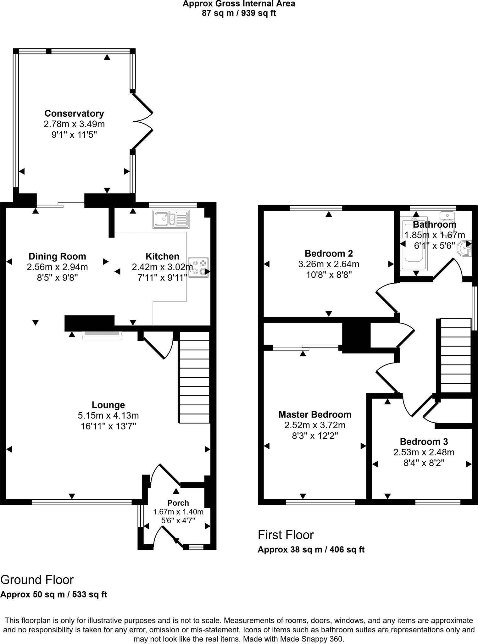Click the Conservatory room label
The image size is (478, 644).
click(74, 113)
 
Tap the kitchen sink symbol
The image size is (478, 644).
click(171, 219)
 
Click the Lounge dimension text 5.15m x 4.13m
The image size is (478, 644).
click(108, 415)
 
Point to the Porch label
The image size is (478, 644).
click(178, 503)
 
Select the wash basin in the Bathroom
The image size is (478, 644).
click(466, 249)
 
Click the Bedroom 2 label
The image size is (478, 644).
click(329, 253)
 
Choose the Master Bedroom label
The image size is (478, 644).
click(315, 414)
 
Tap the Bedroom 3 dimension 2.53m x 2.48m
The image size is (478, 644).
click(424, 452)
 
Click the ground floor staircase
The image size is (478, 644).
click(194, 377)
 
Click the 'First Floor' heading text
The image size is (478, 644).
click(286, 535)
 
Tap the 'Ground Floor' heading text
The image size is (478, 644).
click(37, 580)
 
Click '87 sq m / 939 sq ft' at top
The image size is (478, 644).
click(239, 13)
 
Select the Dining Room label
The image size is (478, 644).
click(57, 256)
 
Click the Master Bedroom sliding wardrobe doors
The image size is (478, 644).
click(306, 347)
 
